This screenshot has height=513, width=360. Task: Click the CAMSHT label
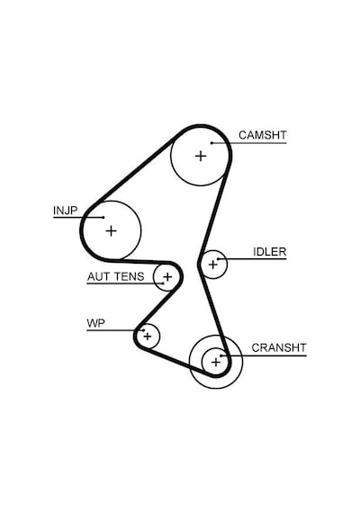263,135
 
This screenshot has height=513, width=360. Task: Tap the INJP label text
66,210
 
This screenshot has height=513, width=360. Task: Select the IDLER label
270,252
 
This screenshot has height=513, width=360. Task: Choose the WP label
96,323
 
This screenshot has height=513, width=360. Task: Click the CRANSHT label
279,347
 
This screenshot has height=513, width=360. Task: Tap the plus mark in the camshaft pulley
201,156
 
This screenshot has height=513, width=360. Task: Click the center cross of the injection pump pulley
112,231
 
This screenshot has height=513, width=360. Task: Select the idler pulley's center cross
213,265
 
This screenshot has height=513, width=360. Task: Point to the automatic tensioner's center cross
167,277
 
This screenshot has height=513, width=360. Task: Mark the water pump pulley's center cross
148,336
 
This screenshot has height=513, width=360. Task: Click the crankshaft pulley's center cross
216,362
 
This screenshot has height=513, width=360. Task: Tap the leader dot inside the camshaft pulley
211,143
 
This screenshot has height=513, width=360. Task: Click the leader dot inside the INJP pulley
103,217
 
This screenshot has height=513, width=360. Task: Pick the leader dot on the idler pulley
218,259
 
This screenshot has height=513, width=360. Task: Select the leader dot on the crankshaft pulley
220,355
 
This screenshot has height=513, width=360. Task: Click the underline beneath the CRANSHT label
264,355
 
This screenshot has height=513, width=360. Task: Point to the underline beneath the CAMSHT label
249,143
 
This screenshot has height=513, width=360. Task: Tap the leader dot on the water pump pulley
143,330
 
